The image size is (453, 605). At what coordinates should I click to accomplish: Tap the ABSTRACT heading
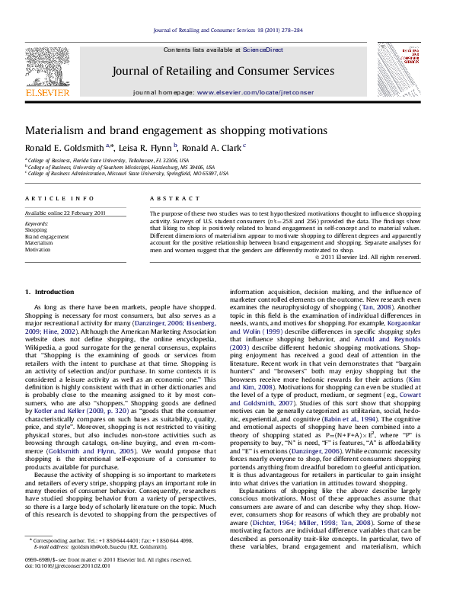coord(167,197)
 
